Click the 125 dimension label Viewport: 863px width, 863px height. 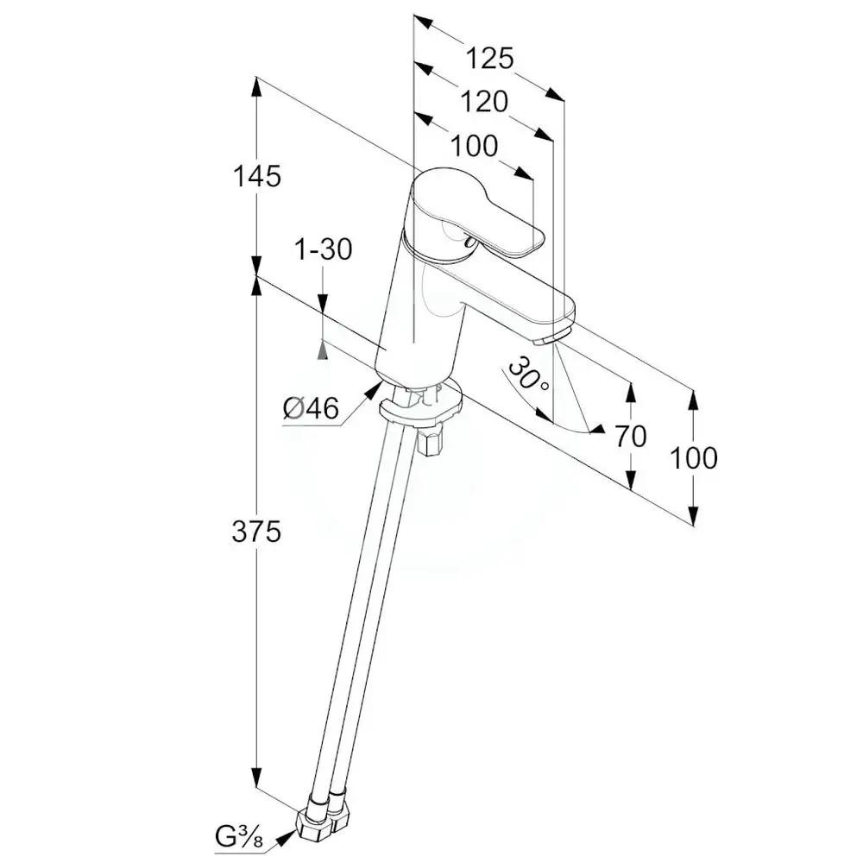[489, 59]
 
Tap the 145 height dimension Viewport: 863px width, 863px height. [257, 176]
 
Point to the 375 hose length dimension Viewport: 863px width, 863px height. [256, 532]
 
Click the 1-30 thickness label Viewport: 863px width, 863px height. [323, 250]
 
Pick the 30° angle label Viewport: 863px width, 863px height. [528, 375]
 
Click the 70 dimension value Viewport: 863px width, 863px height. [630, 437]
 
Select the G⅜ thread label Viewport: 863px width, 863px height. [242, 835]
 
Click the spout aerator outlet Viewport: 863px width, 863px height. [552, 337]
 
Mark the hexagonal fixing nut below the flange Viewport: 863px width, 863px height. [428, 443]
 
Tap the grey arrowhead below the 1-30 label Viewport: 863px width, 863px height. [323, 349]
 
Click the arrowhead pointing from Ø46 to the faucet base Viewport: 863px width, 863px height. [374, 389]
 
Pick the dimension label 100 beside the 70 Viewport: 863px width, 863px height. [693, 458]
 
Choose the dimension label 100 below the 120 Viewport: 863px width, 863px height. [474, 146]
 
